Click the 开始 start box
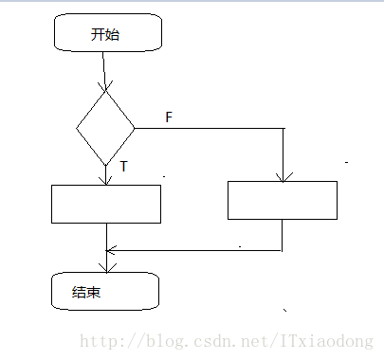tap(108, 34)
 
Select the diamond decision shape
tap(106, 127)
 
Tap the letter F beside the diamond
tap(169, 117)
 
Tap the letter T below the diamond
tap(123, 167)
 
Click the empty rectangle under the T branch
tap(106, 204)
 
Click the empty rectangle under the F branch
tap(283, 200)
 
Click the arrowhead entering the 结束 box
tap(106, 268)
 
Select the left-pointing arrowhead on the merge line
tap(111, 250)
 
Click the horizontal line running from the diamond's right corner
tap(209, 127)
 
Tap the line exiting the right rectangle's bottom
tap(283, 234)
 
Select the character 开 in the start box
tap(99, 35)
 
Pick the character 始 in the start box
tap(114, 35)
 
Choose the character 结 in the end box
tap(80, 292)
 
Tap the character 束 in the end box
tap(95, 292)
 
